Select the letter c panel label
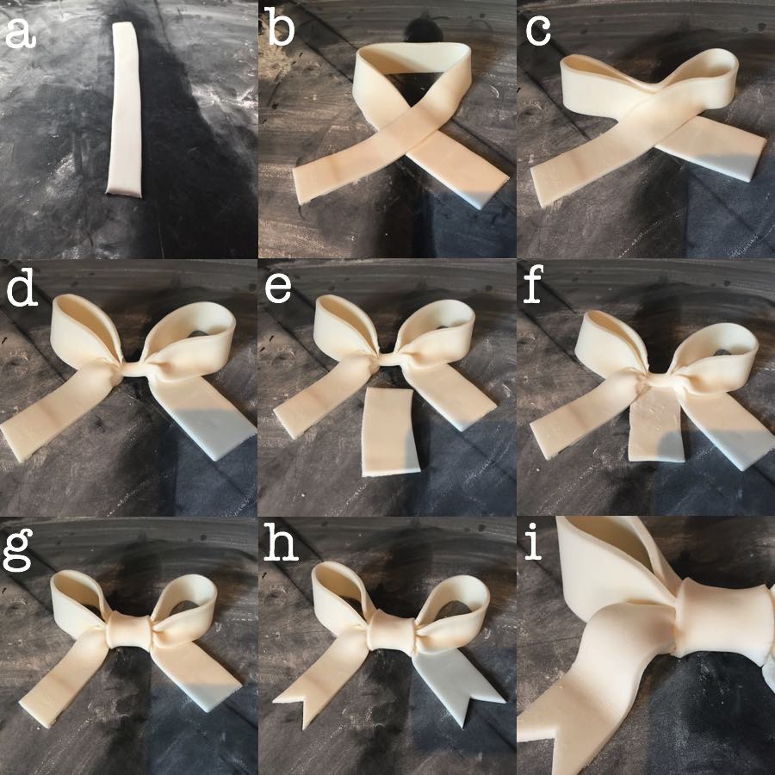538,33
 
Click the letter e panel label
278,290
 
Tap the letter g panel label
20,551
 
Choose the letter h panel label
279,548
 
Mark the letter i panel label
536,548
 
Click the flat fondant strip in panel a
126,108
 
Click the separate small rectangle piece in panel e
390,431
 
